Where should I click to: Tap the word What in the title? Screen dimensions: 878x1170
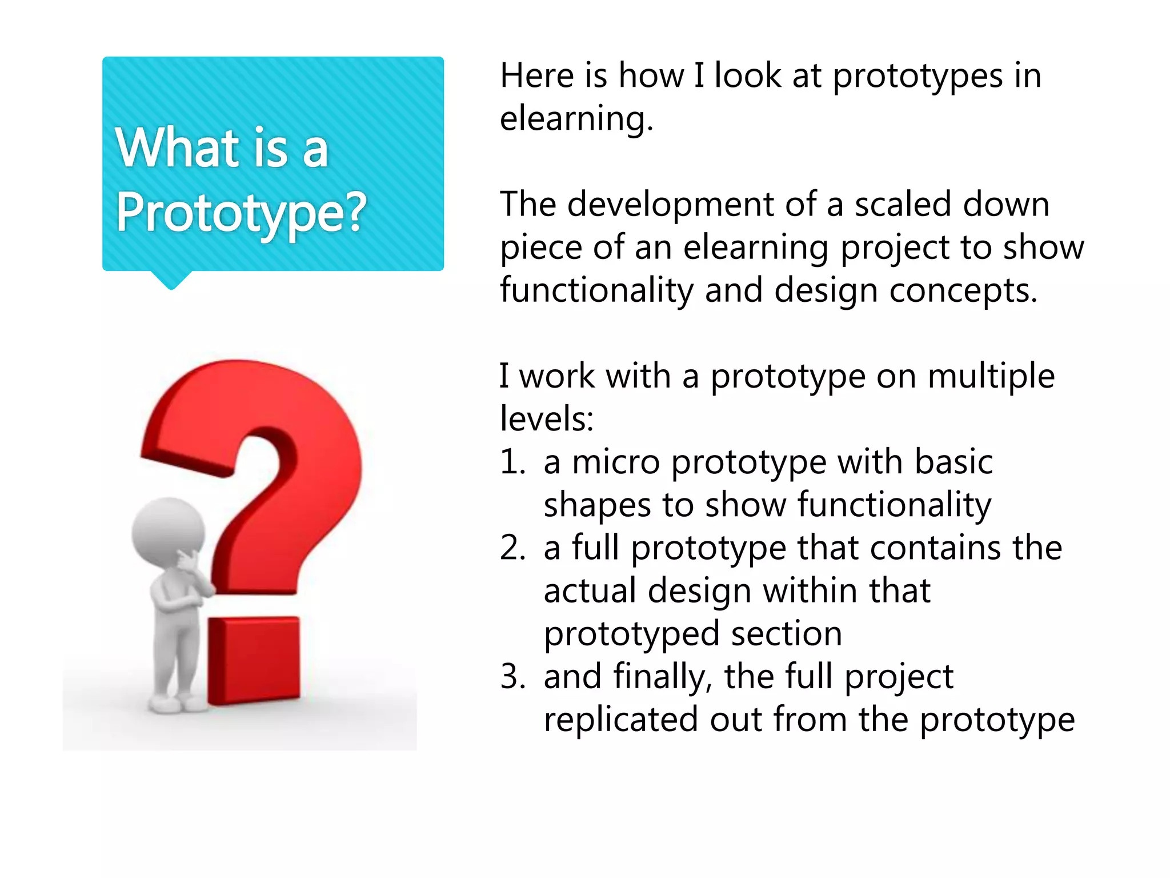177,148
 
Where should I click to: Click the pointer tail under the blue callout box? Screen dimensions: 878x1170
171,280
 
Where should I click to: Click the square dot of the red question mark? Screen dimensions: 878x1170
254,660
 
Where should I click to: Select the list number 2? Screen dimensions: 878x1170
512,548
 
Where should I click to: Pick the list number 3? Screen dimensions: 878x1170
512,676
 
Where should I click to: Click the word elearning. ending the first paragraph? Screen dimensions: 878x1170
576,119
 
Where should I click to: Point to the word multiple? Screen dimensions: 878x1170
991,376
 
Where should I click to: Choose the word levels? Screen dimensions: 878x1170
547,419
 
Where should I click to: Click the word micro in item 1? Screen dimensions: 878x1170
616,462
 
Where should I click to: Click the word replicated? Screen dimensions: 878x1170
620,720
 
